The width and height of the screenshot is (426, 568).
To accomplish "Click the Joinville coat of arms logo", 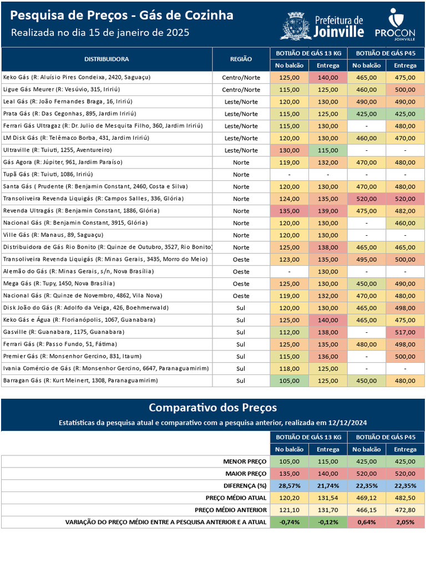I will [x=295, y=26].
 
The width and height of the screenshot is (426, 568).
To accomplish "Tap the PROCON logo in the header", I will [x=394, y=25].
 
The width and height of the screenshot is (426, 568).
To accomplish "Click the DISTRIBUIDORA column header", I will [x=106, y=59].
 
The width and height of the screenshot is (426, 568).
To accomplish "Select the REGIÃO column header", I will [x=241, y=59].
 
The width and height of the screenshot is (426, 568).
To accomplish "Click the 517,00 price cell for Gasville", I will [x=405, y=332].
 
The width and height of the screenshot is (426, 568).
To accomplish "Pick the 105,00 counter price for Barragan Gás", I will [x=289, y=381].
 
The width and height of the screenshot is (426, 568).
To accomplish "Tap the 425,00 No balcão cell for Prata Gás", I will [x=367, y=114].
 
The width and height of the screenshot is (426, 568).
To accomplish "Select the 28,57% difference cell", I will [x=289, y=485].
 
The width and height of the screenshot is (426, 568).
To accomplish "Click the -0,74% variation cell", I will [x=289, y=522].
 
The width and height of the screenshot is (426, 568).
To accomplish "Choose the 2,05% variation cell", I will [x=405, y=522].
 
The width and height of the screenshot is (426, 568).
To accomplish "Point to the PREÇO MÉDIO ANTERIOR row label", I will [x=230, y=510].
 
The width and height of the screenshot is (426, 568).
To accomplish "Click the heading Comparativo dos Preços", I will [x=212, y=408].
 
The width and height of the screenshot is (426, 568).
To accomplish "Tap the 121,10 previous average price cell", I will [x=289, y=510].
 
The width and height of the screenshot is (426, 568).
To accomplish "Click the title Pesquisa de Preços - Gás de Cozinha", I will [x=122, y=16].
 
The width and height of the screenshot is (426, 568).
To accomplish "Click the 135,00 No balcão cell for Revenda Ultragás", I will [x=289, y=211].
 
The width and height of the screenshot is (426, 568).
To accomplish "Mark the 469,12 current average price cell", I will [x=367, y=498].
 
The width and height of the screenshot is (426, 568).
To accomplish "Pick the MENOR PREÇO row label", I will [x=245, y=461].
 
